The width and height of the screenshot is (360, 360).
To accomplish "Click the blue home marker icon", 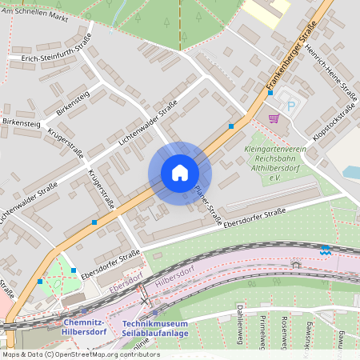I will point(179,173).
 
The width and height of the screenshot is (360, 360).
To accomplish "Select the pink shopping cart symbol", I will point(274,118).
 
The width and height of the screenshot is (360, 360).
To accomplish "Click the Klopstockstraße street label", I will point(334,126).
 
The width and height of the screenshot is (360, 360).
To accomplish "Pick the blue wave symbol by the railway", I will point(325,250).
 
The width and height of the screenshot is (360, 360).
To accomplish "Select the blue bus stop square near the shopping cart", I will point(270,93).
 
